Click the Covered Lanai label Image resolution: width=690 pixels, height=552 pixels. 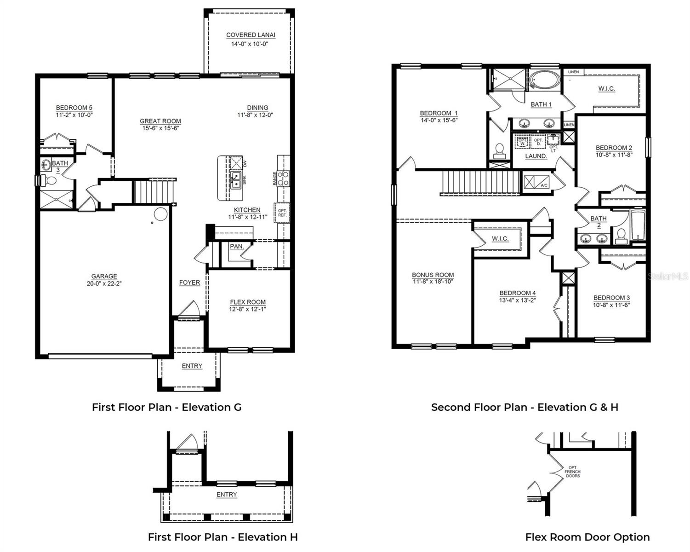coord(251,35)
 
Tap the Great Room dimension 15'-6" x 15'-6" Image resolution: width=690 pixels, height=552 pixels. coord(160,128)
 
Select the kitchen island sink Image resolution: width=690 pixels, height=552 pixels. coord(236,180)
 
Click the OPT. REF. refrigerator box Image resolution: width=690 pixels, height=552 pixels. coord(282,213)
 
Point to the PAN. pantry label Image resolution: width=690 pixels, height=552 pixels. coord(237,247)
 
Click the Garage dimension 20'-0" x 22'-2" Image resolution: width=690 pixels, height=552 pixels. coord(104,284)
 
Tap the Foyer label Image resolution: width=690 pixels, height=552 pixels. coord(189,282)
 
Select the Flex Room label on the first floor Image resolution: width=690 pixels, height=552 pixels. coord(248,302)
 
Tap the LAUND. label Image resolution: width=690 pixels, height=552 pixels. coord(536,156)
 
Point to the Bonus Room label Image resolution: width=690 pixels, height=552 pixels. coord(433,275)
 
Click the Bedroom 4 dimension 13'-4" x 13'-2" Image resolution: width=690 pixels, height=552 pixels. coord(518,300)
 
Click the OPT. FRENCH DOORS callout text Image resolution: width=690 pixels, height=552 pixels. coord(572,471)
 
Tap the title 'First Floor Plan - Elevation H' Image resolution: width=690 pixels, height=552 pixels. coord(222,537)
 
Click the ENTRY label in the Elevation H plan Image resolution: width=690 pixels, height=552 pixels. coord(227,494)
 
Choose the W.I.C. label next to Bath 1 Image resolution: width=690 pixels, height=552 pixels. coord(606,89)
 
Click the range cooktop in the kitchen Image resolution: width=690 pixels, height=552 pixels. coord(283,178)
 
